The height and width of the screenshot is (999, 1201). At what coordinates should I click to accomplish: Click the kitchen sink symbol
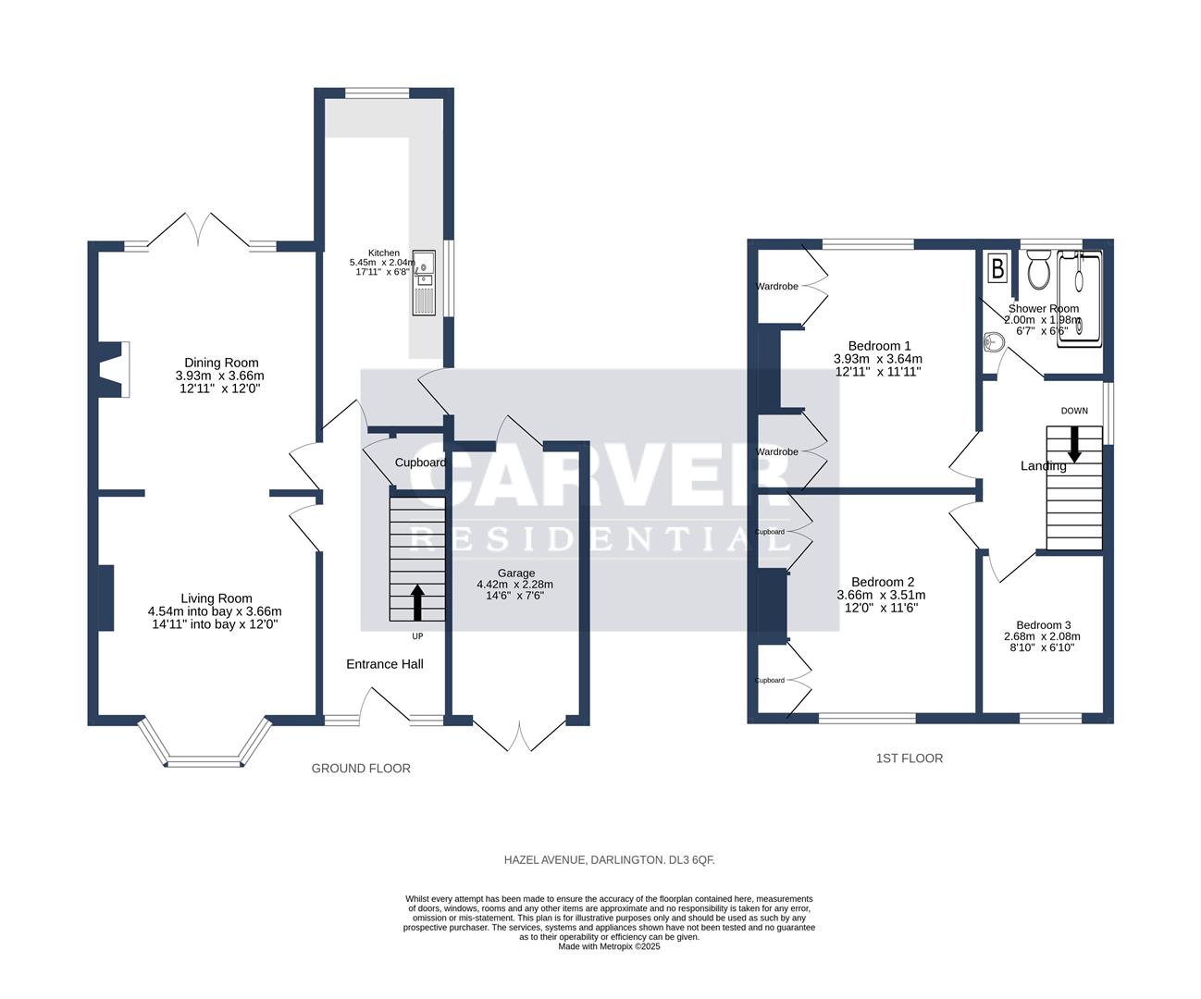tap(425, 282)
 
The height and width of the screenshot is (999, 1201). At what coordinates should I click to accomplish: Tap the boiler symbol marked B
tap(997, 268)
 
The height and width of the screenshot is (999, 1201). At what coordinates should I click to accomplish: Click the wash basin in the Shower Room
tap(994, 342)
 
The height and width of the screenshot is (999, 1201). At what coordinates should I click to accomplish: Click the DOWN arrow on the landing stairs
tap(1074, 443)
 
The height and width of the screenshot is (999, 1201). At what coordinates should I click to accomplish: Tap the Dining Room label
tap(221, 363)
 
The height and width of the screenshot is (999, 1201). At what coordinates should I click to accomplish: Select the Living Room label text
tap(216, 598)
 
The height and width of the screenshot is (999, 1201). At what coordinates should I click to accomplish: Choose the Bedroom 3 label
tap(1043, 624)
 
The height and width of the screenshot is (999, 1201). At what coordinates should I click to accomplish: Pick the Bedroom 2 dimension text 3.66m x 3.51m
tap(881, 595)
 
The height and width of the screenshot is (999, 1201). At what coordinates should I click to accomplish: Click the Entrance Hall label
tap(385, 664)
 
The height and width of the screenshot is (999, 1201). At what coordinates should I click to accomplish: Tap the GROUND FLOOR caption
tap(361, 769)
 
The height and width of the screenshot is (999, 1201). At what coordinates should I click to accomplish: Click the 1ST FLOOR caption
tap(909, 758)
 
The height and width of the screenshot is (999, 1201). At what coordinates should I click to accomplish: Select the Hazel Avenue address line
tap(609, 860)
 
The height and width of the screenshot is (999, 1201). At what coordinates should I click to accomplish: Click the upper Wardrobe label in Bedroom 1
tap(776, 287)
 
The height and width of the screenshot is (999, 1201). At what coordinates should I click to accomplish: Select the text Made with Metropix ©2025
tap(609, 946)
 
